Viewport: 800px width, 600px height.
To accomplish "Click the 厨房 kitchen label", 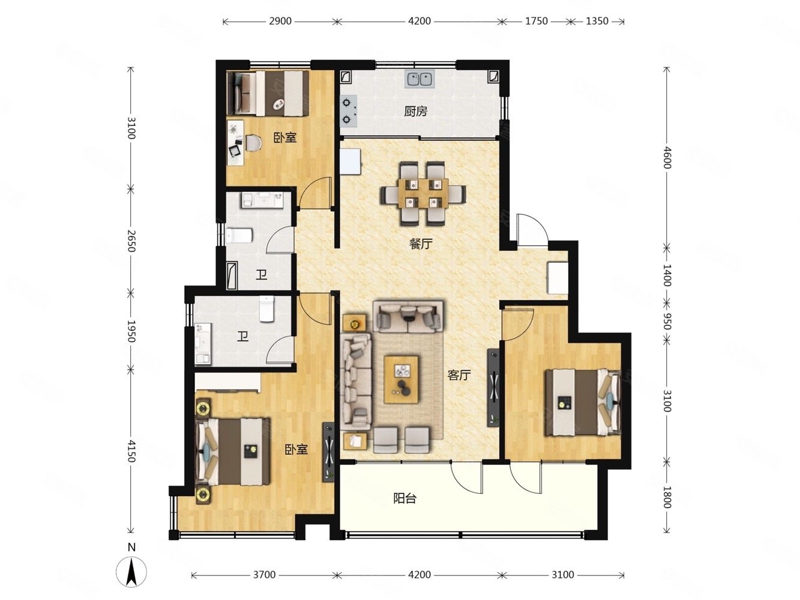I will (415, 111).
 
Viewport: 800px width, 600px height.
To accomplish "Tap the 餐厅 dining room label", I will (421, 244).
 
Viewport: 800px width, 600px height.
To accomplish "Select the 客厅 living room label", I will (459, 376).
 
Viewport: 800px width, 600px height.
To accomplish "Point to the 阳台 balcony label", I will (405, 498).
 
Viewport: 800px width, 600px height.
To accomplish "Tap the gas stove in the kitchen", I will (349, 111).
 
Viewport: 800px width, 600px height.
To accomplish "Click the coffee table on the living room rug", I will (402, 379).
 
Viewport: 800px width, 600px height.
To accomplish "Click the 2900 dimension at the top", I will (280, 21).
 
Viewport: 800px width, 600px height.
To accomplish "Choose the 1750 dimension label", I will (536, 21).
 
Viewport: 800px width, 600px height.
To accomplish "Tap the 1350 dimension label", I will (597, 21).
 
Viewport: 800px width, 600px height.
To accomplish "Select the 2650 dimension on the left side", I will (131, 239).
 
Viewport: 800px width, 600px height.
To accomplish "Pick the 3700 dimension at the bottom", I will (263, 575).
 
